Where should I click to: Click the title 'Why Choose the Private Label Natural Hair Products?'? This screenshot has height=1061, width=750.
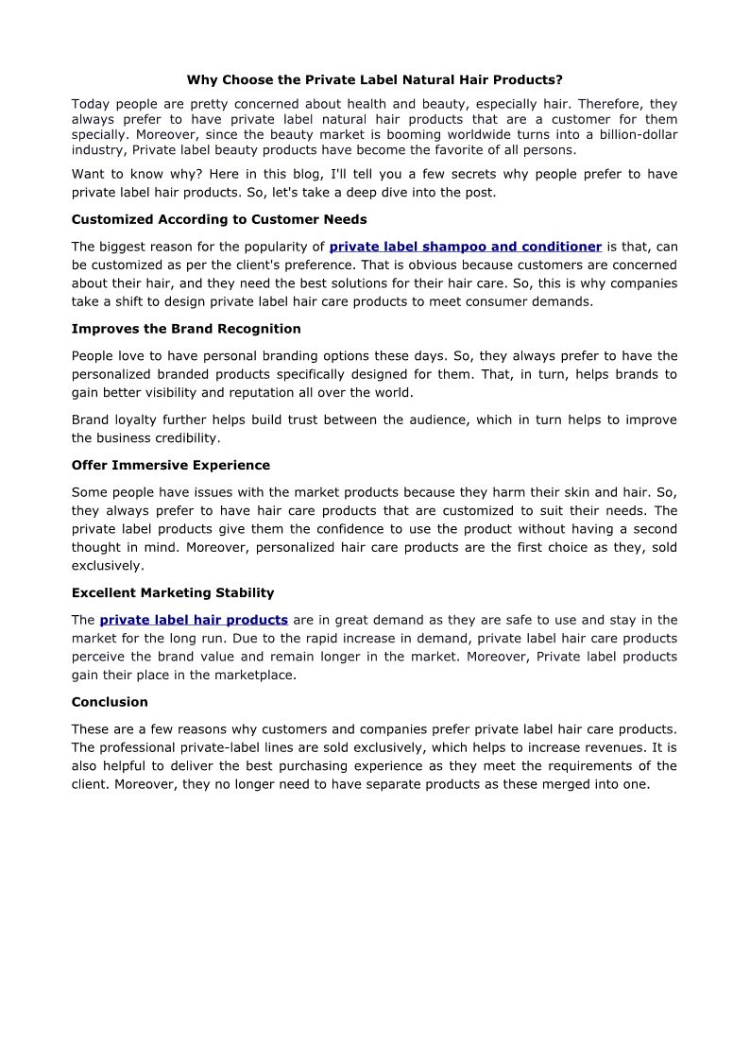[x=374, y=80]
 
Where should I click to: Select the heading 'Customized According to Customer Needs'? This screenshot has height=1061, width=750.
[x=219, y=219]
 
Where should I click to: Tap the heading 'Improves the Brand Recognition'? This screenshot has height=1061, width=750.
[x=186, y=329]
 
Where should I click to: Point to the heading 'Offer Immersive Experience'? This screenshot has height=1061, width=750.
[x=171, y=465]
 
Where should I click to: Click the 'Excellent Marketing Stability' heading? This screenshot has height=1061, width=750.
[x=173, y=592]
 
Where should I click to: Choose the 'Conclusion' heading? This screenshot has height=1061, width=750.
[x=110, y=702]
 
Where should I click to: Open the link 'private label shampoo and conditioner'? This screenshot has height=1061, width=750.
[x=465, y=247]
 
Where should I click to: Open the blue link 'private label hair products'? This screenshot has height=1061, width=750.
[x=194, y=620]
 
